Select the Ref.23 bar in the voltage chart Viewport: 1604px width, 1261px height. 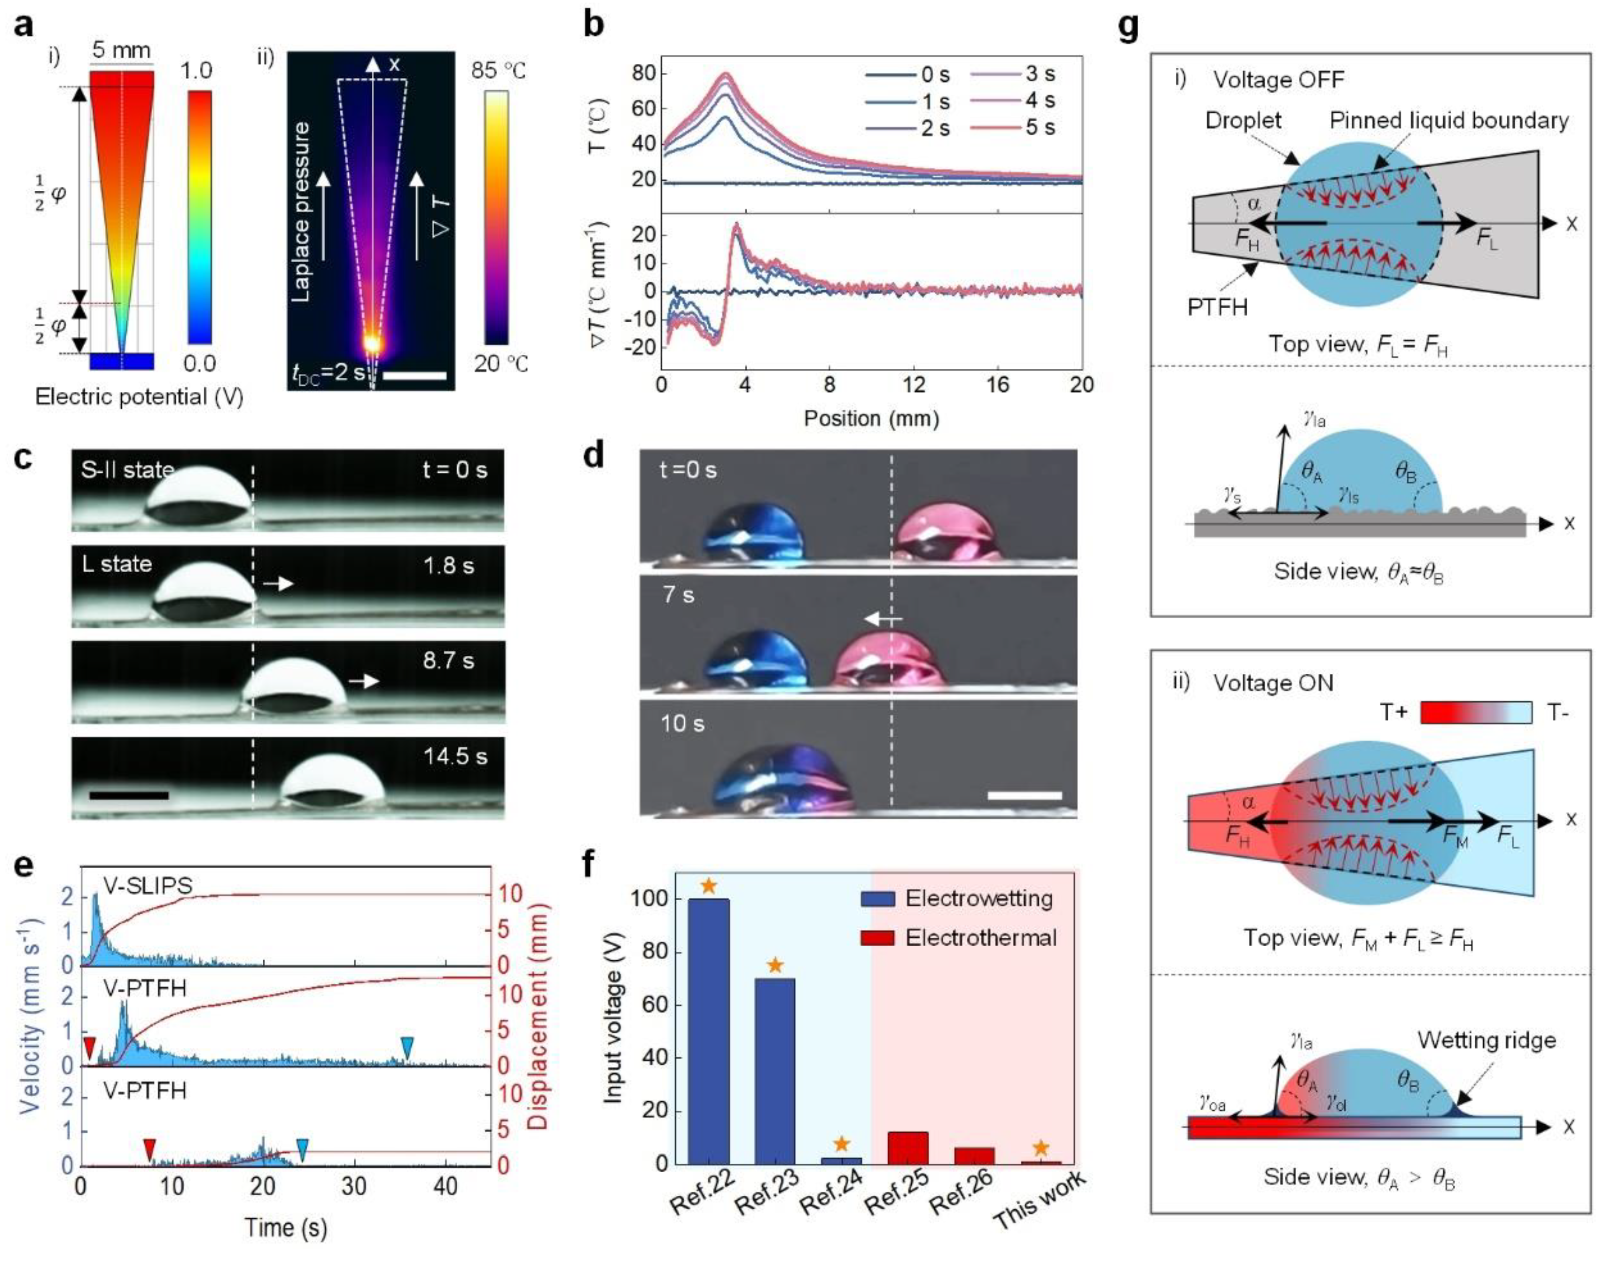coord(775,1071)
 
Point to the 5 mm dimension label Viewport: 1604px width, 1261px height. coord(121,51)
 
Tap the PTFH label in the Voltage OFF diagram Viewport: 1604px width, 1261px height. coord(1218,306)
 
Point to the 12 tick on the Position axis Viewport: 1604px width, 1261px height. coord(914,385)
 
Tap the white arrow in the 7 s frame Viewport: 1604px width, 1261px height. coord(883,619)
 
